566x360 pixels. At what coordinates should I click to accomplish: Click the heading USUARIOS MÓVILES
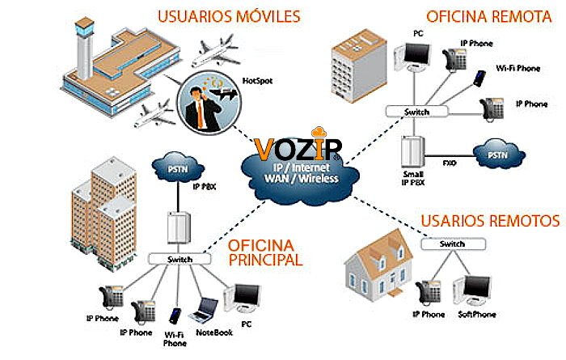click(229, 17)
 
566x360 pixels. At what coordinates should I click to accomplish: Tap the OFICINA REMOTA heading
click(489, 16)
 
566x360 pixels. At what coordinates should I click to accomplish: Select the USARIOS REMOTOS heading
click(490, 221)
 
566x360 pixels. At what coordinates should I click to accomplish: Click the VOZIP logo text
click(298, 148)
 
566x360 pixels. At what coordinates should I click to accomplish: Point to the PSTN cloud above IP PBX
click(178, 168)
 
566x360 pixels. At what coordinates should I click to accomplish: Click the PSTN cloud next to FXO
click(499, 155)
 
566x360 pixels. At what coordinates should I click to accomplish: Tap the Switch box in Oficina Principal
click(180, 259)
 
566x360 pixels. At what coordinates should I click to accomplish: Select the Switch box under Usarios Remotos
click(453, 244)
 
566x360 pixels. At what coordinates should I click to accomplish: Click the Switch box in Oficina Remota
click(416, 112)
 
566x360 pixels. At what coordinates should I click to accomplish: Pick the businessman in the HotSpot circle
click(201, 108)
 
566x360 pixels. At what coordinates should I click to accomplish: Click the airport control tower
click(84, 48)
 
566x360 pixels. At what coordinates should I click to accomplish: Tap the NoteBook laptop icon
click(204, 310)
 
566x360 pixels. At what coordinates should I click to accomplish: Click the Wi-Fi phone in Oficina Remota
click(479, 78)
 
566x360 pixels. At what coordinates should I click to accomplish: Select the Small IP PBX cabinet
click(412, 151)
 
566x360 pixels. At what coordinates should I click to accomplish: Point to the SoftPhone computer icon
click(472, 290)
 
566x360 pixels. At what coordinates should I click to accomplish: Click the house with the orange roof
click(379, 265)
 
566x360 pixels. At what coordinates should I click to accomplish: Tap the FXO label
click(449, 163)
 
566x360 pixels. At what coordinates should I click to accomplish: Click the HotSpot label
click(257, 81)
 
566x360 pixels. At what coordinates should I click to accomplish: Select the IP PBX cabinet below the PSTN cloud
click(179, 227)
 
